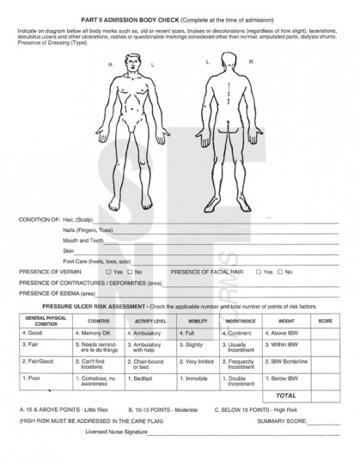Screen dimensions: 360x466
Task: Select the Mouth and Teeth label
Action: click(83, 241)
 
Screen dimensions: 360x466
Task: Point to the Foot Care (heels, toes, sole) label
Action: click(97, 261)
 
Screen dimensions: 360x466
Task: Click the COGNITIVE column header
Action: click(98, 321)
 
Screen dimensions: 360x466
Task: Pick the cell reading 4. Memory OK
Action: click(94, 332)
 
